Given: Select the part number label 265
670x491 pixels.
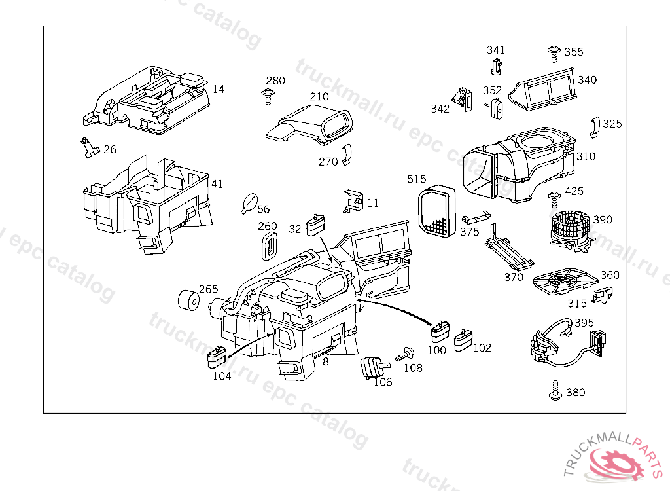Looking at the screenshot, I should click(208, 289).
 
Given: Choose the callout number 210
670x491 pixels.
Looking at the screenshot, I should click(319, 97).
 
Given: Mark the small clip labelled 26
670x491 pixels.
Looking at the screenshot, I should click(88, 149).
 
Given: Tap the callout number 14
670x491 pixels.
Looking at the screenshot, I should click(219, 88).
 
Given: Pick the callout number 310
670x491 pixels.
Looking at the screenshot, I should click(586, 157).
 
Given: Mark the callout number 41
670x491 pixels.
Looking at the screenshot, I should click(217, 184).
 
